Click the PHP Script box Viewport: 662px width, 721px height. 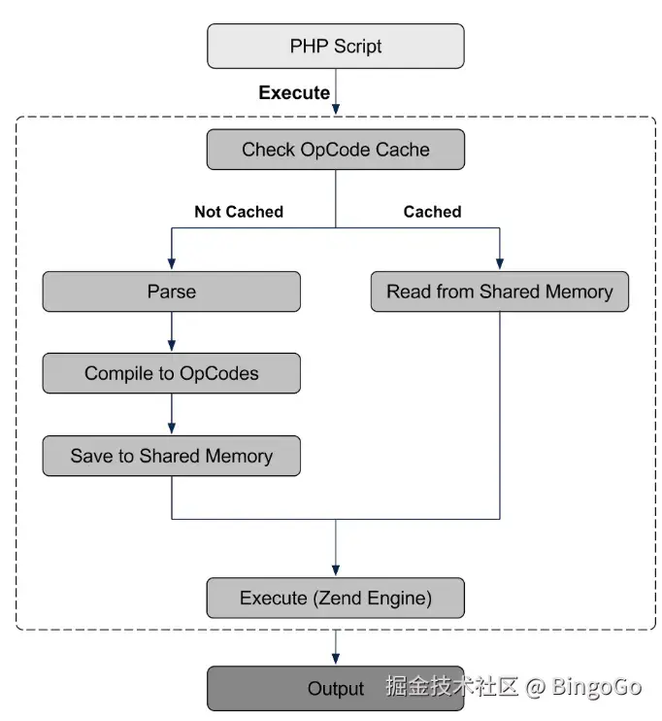click(x=336, y=46)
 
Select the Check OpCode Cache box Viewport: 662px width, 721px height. click(x=336, y=150)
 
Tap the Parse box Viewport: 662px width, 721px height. click(x=172, y=292)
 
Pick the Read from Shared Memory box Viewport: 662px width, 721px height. click(x=499, y=292)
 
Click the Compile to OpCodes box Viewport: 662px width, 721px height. click(x=172, y=373)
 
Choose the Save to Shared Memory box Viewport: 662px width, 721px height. click(x=172, y=456)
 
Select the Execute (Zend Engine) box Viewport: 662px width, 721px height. click(x=336, y=598)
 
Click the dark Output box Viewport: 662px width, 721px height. click(x=336, y=688)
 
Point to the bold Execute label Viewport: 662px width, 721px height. click(x=293, y=93)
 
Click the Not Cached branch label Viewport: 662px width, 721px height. click(x=239, y=212)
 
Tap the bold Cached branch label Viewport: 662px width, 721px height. click(x=432, y=212)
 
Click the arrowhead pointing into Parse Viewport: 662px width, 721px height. click(x=172, y=264)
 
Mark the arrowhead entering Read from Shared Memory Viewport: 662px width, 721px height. click(x=499, y=264)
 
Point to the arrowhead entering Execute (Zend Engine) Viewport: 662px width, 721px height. click(x=336, y=571)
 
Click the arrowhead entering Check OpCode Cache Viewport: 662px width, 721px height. click(x=336, y=123)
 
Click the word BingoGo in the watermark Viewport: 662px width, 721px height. click(x=597, y=687)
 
